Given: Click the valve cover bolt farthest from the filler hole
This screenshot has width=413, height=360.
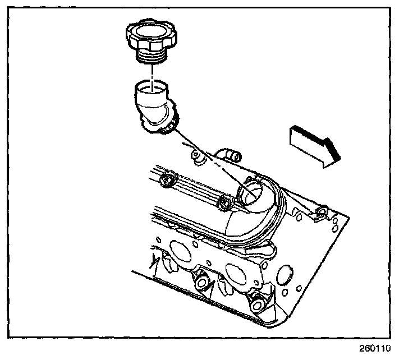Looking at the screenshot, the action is pyautogui.click(x=167, y=179).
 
